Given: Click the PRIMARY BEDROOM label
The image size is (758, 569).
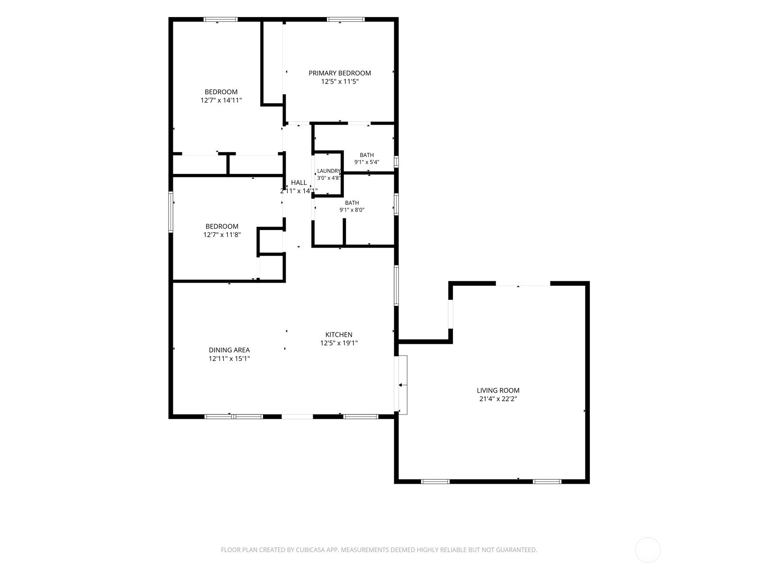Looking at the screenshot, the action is [340, 73].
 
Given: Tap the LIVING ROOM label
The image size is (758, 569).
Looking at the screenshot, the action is [498, 390].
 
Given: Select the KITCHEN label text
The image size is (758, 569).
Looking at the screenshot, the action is [339, 334].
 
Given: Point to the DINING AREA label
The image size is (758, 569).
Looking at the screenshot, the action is [229, 350].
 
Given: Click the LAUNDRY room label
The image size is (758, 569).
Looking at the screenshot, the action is [329, 171].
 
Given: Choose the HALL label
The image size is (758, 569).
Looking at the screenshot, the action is [299, 183].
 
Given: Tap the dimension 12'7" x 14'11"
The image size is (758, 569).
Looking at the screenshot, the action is [221, 101].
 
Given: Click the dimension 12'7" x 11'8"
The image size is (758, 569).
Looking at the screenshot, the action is [222, 235].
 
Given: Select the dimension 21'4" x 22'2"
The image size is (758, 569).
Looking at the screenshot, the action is [498, 399].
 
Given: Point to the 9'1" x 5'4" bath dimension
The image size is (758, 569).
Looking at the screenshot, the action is [367, 162].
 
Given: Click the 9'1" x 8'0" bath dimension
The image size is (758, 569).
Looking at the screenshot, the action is [352, 210].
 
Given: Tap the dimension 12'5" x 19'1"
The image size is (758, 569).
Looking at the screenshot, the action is [339, 343].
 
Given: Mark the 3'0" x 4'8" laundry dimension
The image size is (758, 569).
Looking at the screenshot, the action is [329, 178].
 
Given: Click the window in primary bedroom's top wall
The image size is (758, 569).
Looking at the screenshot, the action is [346, 19].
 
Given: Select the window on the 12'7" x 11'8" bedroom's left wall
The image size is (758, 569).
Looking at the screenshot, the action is [171, 212].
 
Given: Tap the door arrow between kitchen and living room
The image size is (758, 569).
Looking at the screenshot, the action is [403, 385].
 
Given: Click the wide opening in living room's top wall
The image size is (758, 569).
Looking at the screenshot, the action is [523, 284].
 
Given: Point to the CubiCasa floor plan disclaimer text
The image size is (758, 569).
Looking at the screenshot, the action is [379, 550].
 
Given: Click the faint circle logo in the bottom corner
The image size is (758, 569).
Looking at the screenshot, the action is [648, 550].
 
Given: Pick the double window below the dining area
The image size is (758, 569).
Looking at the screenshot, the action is [234, 417].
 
